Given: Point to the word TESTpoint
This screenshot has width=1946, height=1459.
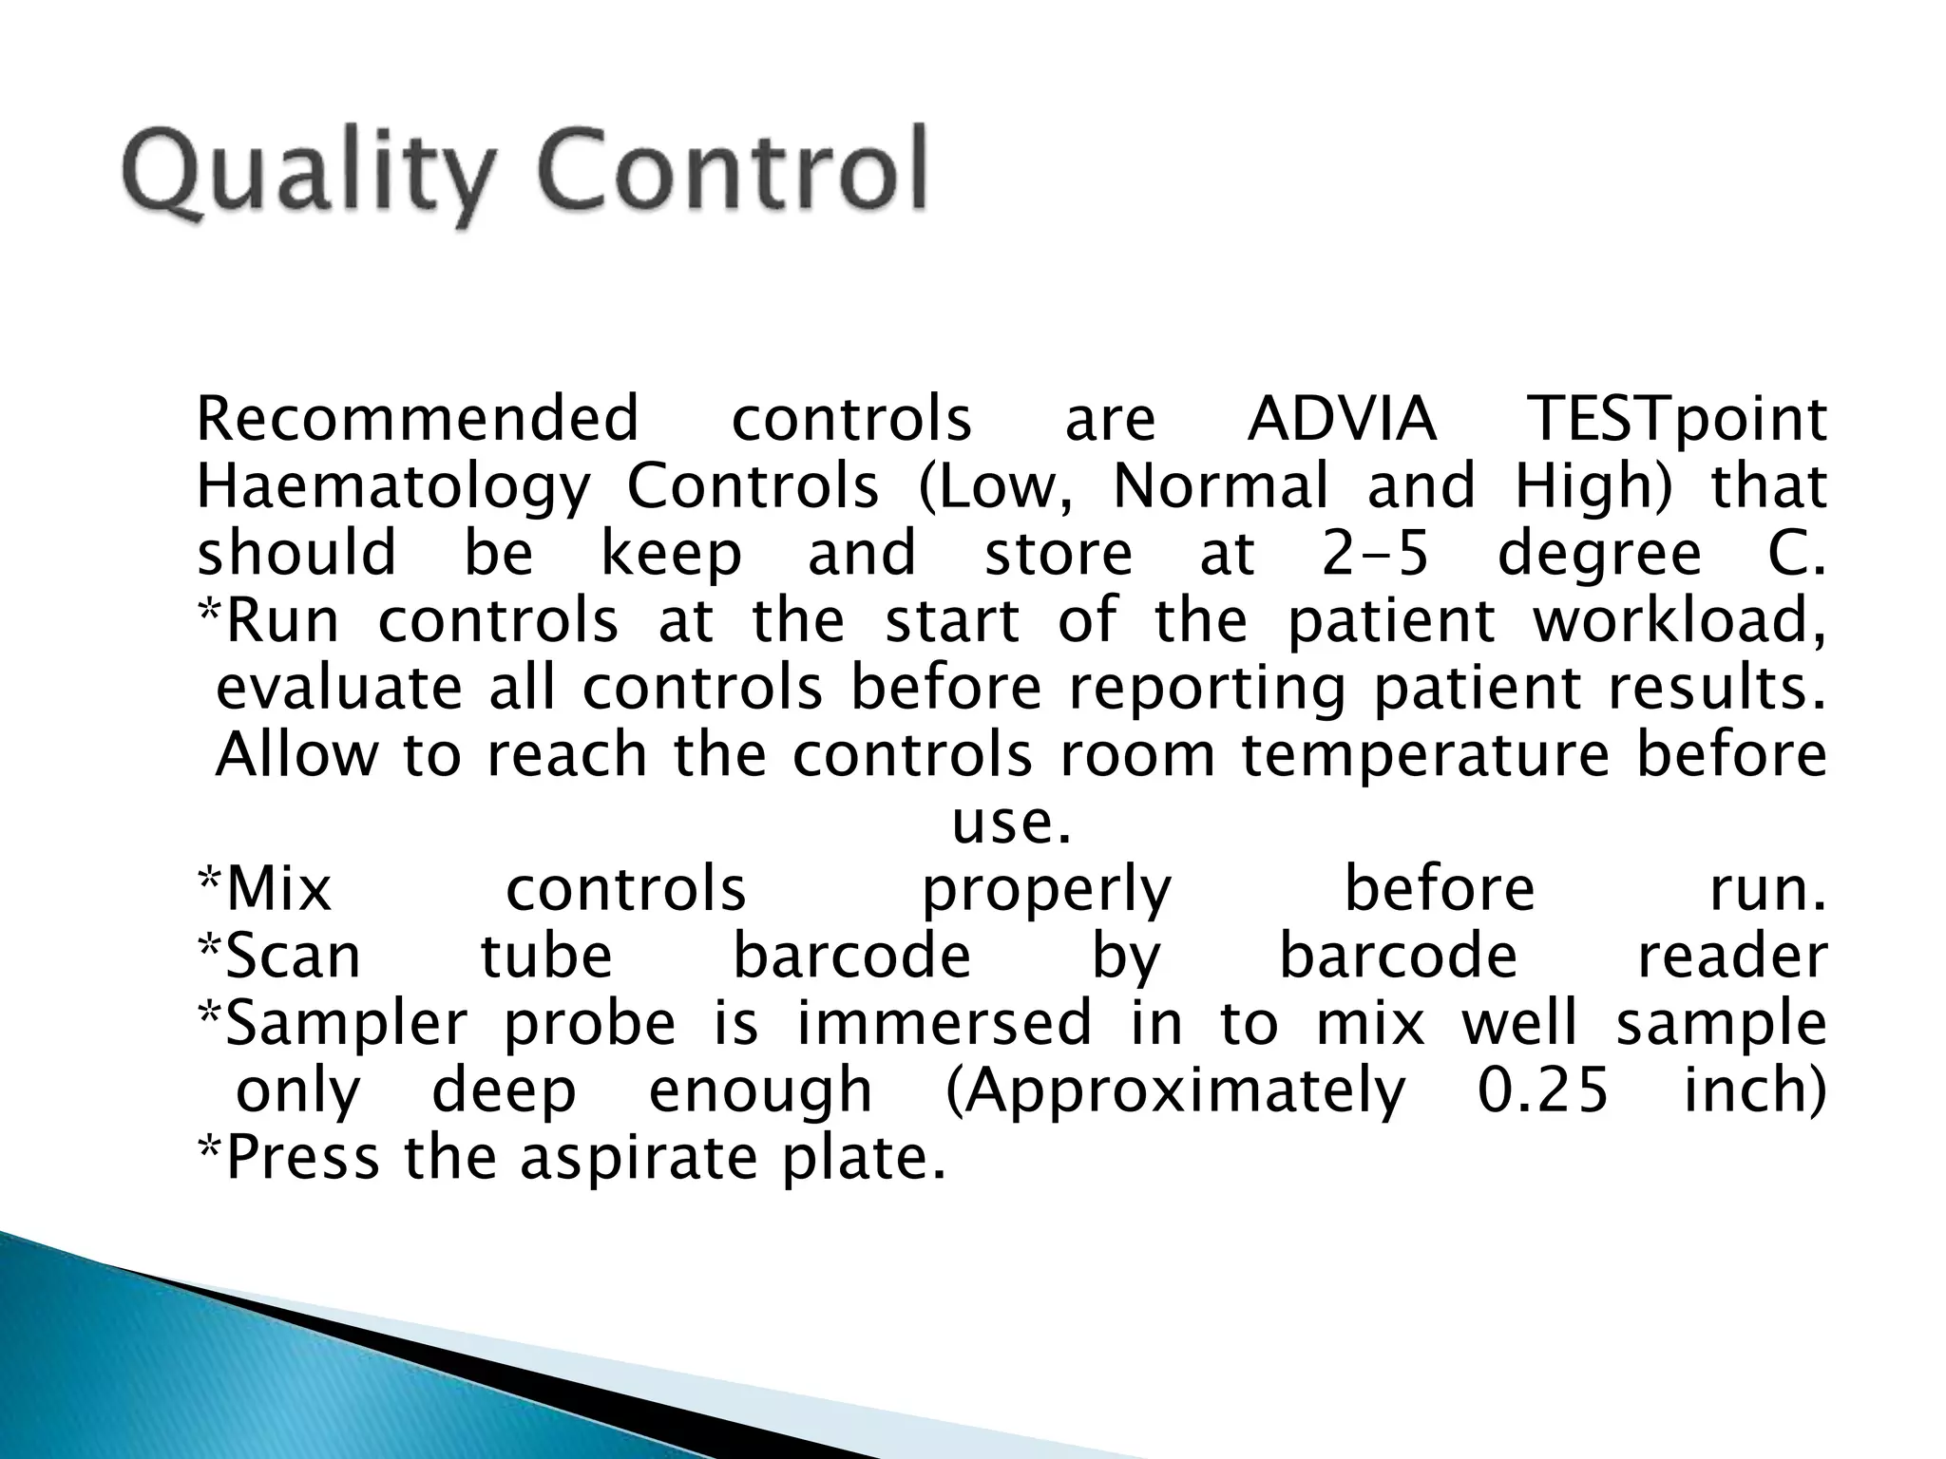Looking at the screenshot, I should (1676, 422).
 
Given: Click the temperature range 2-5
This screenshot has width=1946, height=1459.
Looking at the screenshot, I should (1375, 555).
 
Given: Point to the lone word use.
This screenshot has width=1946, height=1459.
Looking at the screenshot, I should (1011, 823).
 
